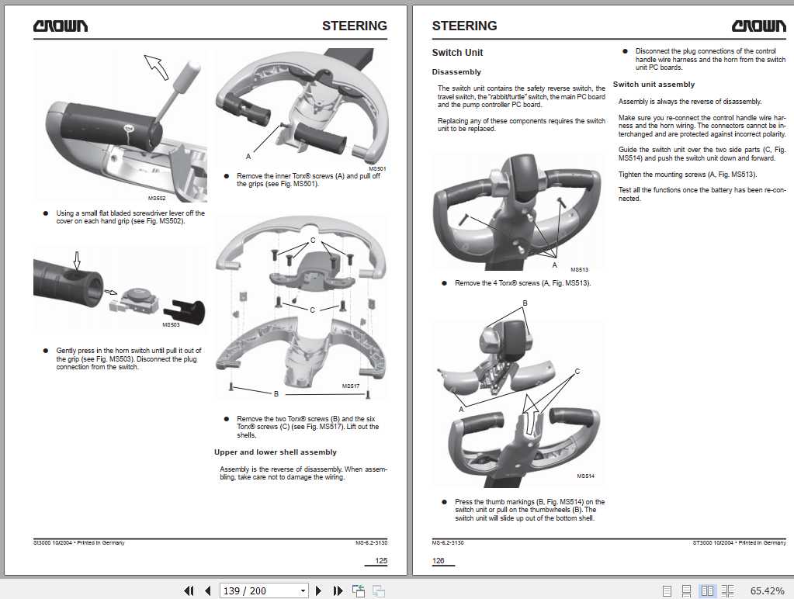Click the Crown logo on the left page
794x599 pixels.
click(x=60, y=26)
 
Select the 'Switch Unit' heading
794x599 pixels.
click(x=457, y=53)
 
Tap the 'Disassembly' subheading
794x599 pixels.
click(x=456, y=72)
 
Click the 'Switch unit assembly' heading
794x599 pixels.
click(x=654, y=85)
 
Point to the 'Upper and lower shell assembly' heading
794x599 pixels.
click(x=275, y=452)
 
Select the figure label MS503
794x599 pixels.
click(x=170, y=325)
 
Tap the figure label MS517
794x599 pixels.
click(x=351, y=386)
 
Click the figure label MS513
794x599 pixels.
click(x=579, y=270)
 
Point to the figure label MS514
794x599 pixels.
click(x=585, y=476)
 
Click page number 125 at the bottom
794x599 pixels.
click(x=380, y=560)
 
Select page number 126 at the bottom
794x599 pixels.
click(x=439, y=560)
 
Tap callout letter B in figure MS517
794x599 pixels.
click(x=276, y=394)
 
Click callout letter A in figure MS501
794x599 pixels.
click(x=248, y=156)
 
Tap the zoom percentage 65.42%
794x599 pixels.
click(x=767, y=590)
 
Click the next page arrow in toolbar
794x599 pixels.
click(x=319, y=590)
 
